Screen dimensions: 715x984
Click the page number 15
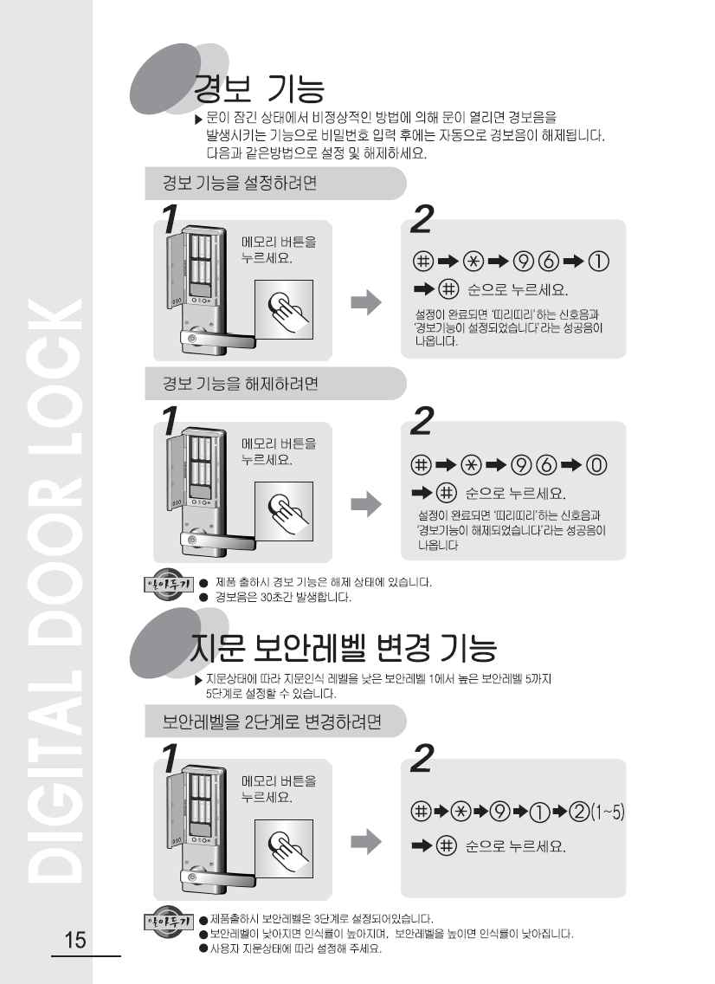pos(75,940)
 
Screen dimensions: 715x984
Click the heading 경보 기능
pos(259,88)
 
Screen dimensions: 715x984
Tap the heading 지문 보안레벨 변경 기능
pos(344,648)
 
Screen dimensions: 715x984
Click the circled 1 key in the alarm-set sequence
pos(598,261)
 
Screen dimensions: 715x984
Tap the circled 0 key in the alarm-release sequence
pos(596,465)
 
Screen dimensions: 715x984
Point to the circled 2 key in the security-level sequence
pos(579,812)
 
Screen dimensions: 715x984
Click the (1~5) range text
pos(608,812)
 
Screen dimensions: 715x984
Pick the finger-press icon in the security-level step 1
pos(284,849)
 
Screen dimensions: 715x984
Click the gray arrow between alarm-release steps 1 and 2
pos(366,504)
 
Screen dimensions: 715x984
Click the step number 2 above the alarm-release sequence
pos(422,421)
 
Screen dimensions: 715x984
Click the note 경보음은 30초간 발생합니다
pos(283,597)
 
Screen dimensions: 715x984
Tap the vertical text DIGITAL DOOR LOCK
pos(56,590)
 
